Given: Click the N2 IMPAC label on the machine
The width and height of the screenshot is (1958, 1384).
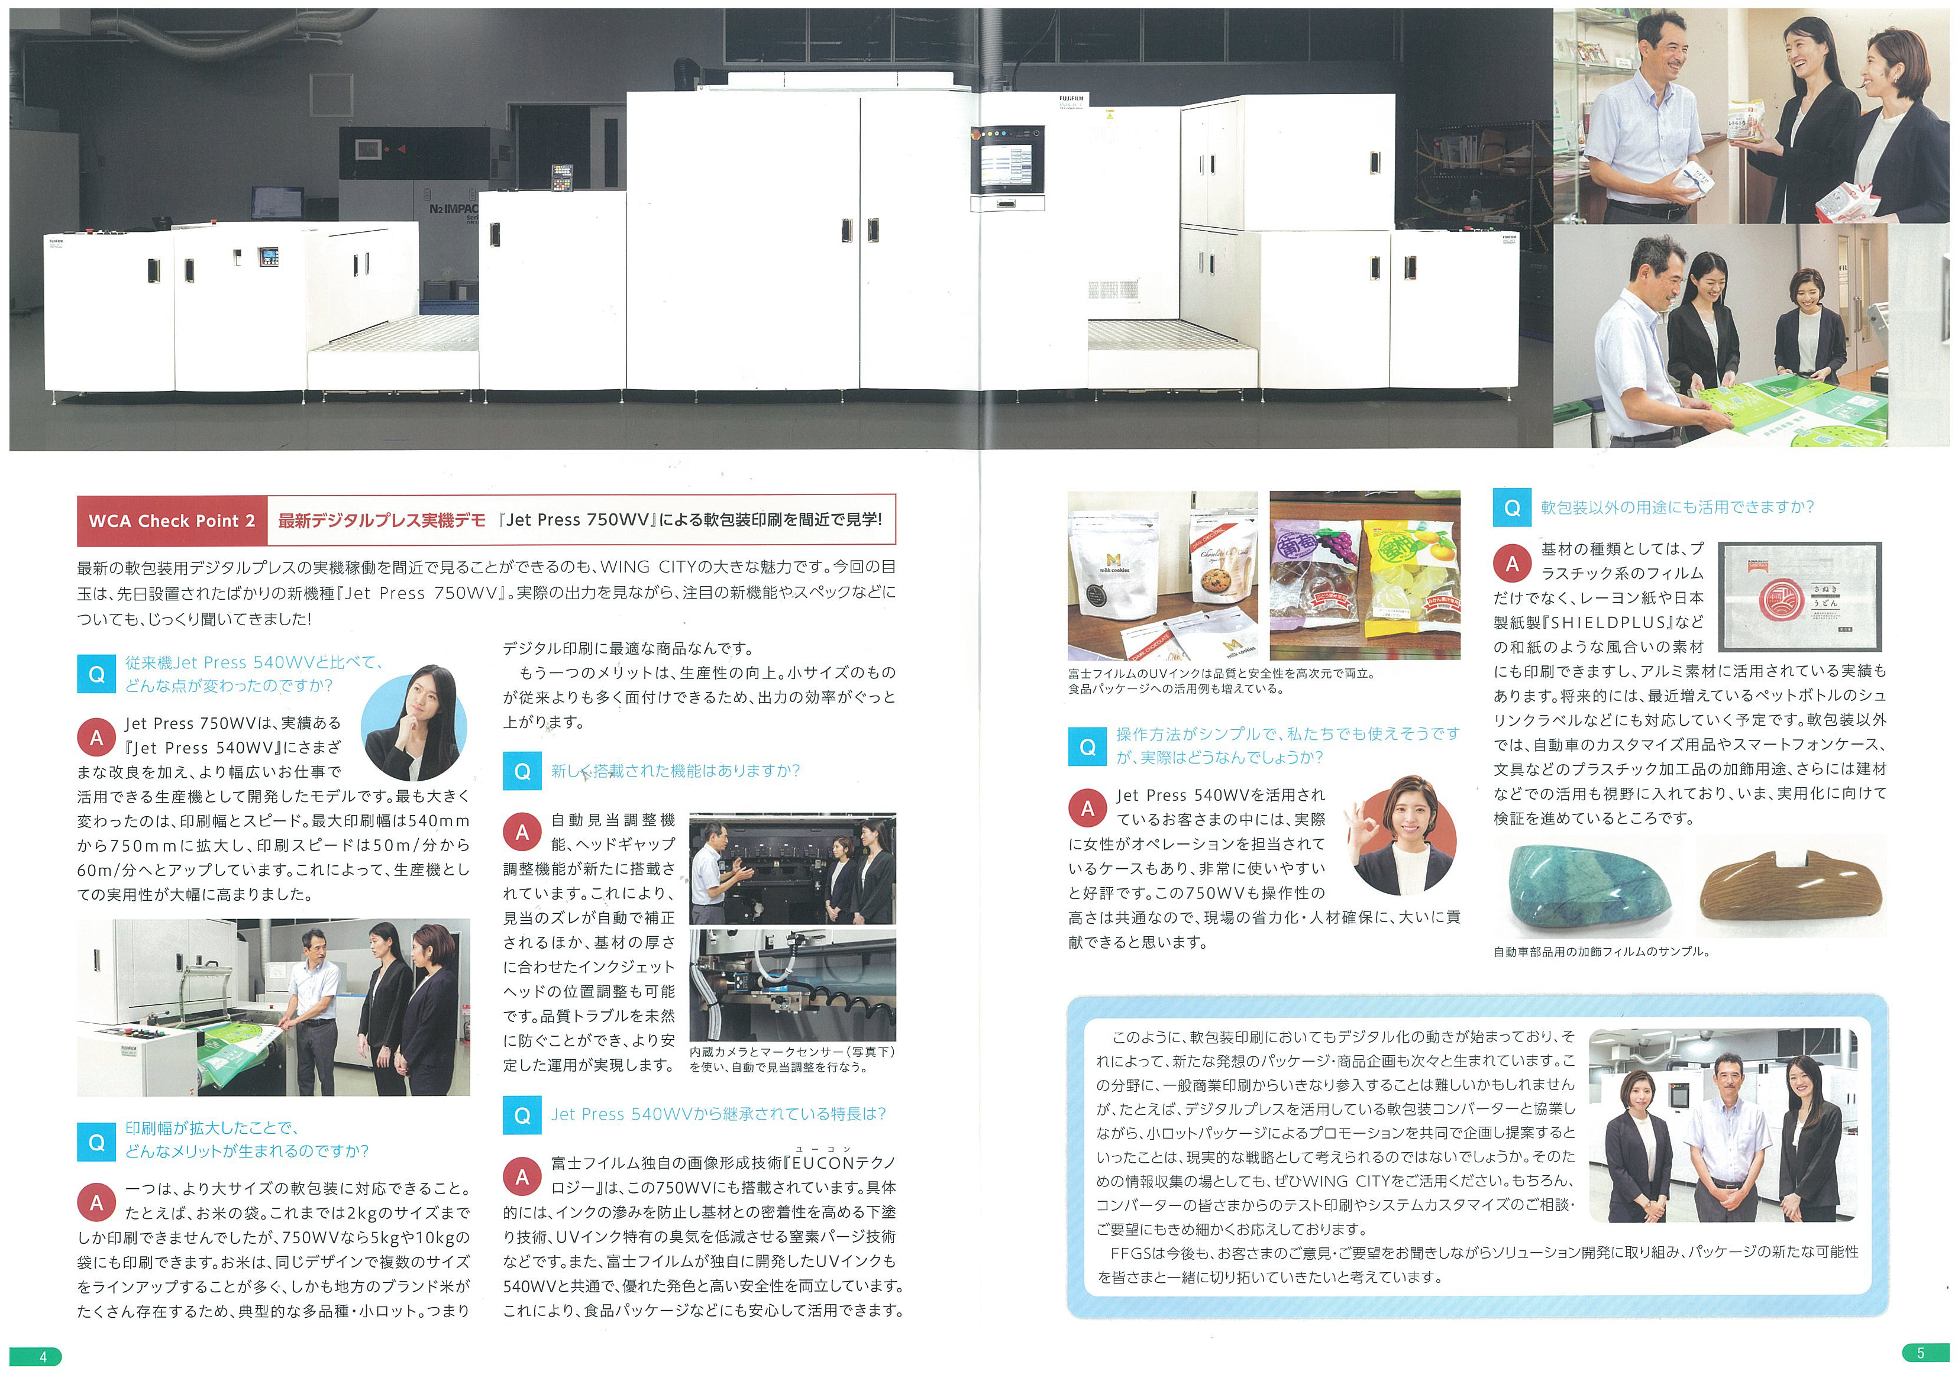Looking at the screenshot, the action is (453, 209).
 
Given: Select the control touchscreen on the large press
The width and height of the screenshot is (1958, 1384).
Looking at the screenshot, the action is (1006, 166).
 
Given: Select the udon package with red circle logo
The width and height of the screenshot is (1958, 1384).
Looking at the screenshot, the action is (1800, 596).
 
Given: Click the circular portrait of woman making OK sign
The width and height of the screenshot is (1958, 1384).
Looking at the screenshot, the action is (1401, 836).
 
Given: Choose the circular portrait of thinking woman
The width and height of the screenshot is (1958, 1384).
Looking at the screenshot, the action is (415, 723).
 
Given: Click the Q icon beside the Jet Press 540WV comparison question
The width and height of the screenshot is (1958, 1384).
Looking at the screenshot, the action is (96, 674).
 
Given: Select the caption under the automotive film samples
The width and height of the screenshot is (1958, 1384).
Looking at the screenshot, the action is (1601, 952).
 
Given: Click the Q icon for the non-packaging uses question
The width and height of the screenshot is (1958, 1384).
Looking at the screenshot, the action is (1512, 507).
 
